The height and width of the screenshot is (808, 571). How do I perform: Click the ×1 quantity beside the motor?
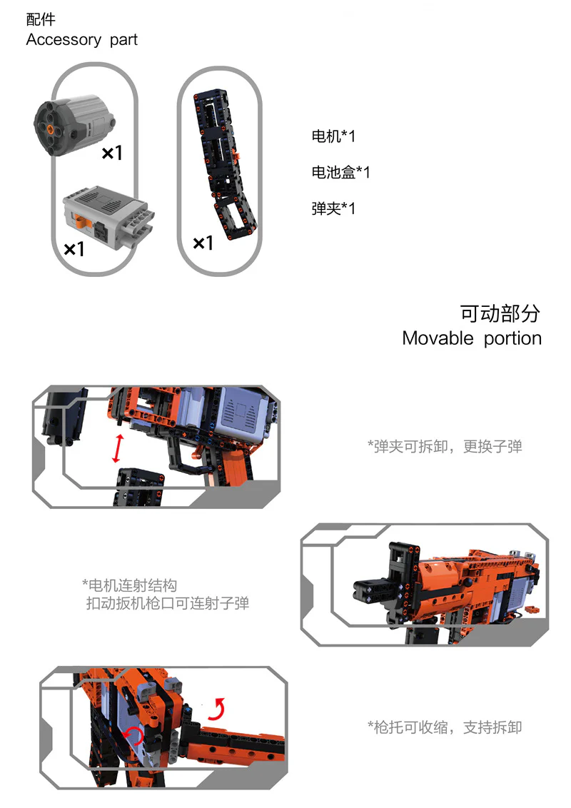tap(111, 153)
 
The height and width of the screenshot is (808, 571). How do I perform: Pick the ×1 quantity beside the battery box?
tap(74, 249)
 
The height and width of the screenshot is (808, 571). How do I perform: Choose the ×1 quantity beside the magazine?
tap(203, 244)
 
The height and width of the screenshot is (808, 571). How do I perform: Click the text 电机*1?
tap(333, 136)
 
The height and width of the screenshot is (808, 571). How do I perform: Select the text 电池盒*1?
tap(340, 173)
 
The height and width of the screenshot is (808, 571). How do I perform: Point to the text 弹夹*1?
tap(333, 208)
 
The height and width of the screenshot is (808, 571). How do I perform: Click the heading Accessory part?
tap(81, 40)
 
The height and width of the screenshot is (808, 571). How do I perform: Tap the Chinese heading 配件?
tap(41, 20)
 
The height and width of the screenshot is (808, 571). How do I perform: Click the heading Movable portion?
tap(471, 338)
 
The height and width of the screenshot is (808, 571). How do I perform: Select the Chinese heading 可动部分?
tap(500, 313)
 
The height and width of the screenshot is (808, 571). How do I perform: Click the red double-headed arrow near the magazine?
tap(118, 448)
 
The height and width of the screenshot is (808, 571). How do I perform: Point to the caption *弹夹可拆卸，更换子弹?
tap(445, 447)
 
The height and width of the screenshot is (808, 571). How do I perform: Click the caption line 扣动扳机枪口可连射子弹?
tap(168, 604)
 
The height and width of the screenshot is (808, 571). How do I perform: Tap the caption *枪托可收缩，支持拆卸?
tap(445, 727)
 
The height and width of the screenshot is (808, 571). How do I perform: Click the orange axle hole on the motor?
tap(51, 128)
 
